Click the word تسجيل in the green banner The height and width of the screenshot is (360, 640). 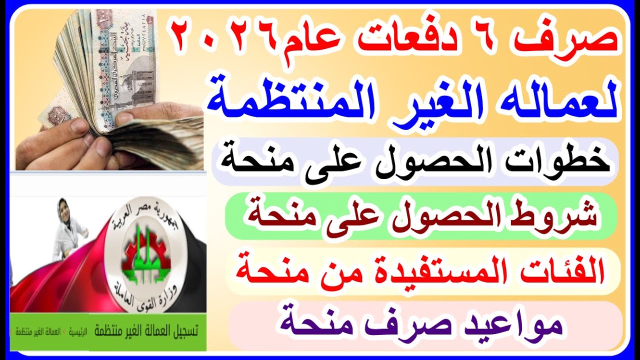(180, 331)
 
